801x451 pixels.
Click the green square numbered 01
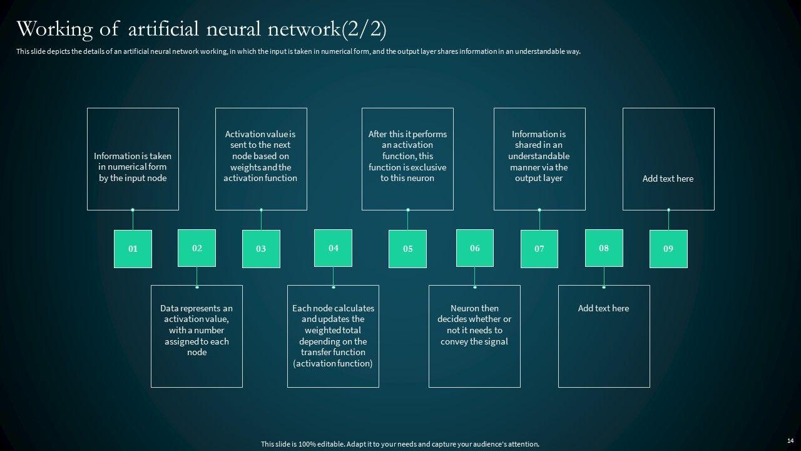(x=133, y=249)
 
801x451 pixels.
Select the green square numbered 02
(x=197, y=248)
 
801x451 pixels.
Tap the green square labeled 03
(x=261, y=249)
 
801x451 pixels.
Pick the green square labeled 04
(x=333, y=248)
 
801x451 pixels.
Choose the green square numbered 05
(x=407, y=249)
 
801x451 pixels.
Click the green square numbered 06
(x=475, y=248)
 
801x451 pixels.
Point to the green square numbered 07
(x=539, y=249)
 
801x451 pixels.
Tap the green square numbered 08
(x=604, y=248)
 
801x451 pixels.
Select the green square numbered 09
(x=668, y=249)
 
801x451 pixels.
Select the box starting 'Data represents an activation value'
(x=196, y=336)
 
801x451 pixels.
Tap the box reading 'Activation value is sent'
(x=261, y=159)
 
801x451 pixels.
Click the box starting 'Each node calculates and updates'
(x=333, y=336)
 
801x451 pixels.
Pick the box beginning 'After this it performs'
(x=407, y=159)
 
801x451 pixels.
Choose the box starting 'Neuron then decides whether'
(x=474, y=336)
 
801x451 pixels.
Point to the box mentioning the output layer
(x=539, y=159)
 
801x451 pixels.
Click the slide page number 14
(x=790, y=441)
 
